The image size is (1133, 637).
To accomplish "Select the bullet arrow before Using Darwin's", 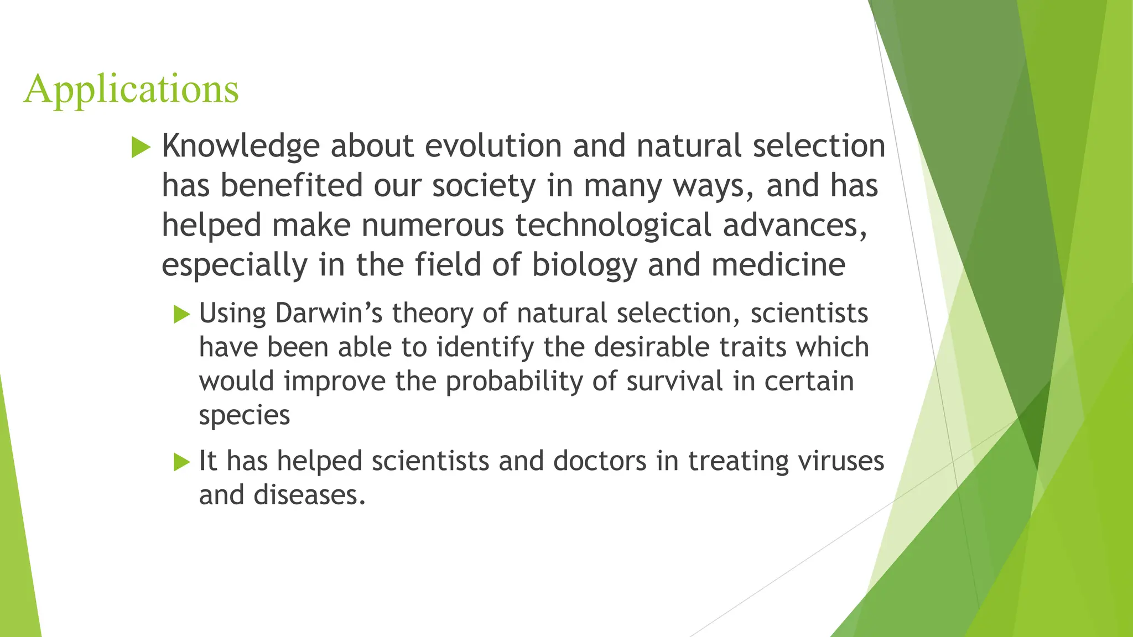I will click(x=181, y=314).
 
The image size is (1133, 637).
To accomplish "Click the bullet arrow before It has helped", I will click(x=181, y=462).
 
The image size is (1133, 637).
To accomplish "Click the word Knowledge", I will click(x=240, y=147).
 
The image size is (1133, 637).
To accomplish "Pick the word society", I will click(x=484, y=186).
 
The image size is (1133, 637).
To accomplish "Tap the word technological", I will click(x=613, y=226).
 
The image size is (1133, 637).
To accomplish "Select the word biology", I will click(x=585, y=265).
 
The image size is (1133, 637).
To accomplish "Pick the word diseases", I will click(x=309, y=495).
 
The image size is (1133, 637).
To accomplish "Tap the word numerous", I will click(x=433, y=226).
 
